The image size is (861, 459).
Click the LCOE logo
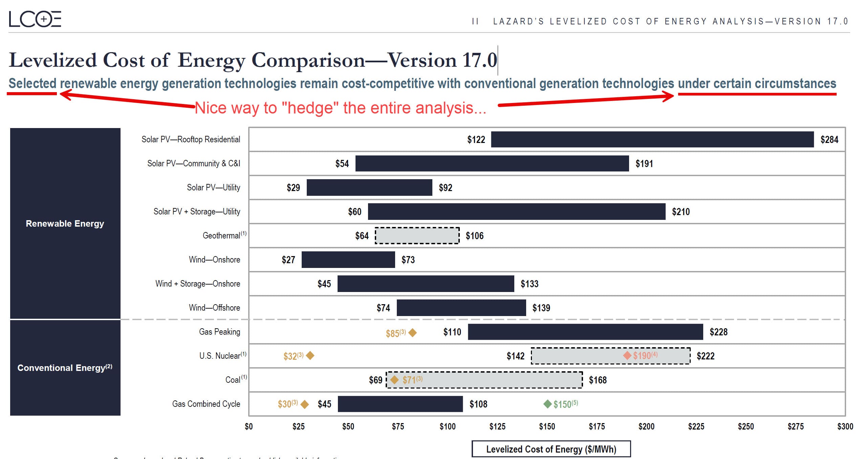[x=35, y=19]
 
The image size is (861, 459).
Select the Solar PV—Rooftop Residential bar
[x=652, y=139]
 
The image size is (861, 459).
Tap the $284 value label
[x=829, y=140]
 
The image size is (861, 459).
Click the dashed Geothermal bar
[x=417, y=235]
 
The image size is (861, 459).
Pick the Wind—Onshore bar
[x=348, y=259]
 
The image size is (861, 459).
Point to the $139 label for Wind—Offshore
[x=541, y=308]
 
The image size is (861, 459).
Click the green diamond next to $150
[x=547, y=404]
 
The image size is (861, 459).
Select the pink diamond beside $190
[x=627, y=355]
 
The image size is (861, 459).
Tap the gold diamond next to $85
[x=412, y=333]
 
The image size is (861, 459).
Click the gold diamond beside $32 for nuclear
[x=310, y=355]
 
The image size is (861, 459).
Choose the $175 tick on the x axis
[x=597, y=426]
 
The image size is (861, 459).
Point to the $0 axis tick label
[x=249, y=426]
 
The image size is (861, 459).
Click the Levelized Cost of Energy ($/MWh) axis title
[x=551, y=449]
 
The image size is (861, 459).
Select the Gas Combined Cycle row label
[x=206, y=404]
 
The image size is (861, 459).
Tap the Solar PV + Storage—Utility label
[x=197, y=211]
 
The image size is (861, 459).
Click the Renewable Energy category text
[x=65, y=224]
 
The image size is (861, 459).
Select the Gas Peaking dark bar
[x=585, y=332]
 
